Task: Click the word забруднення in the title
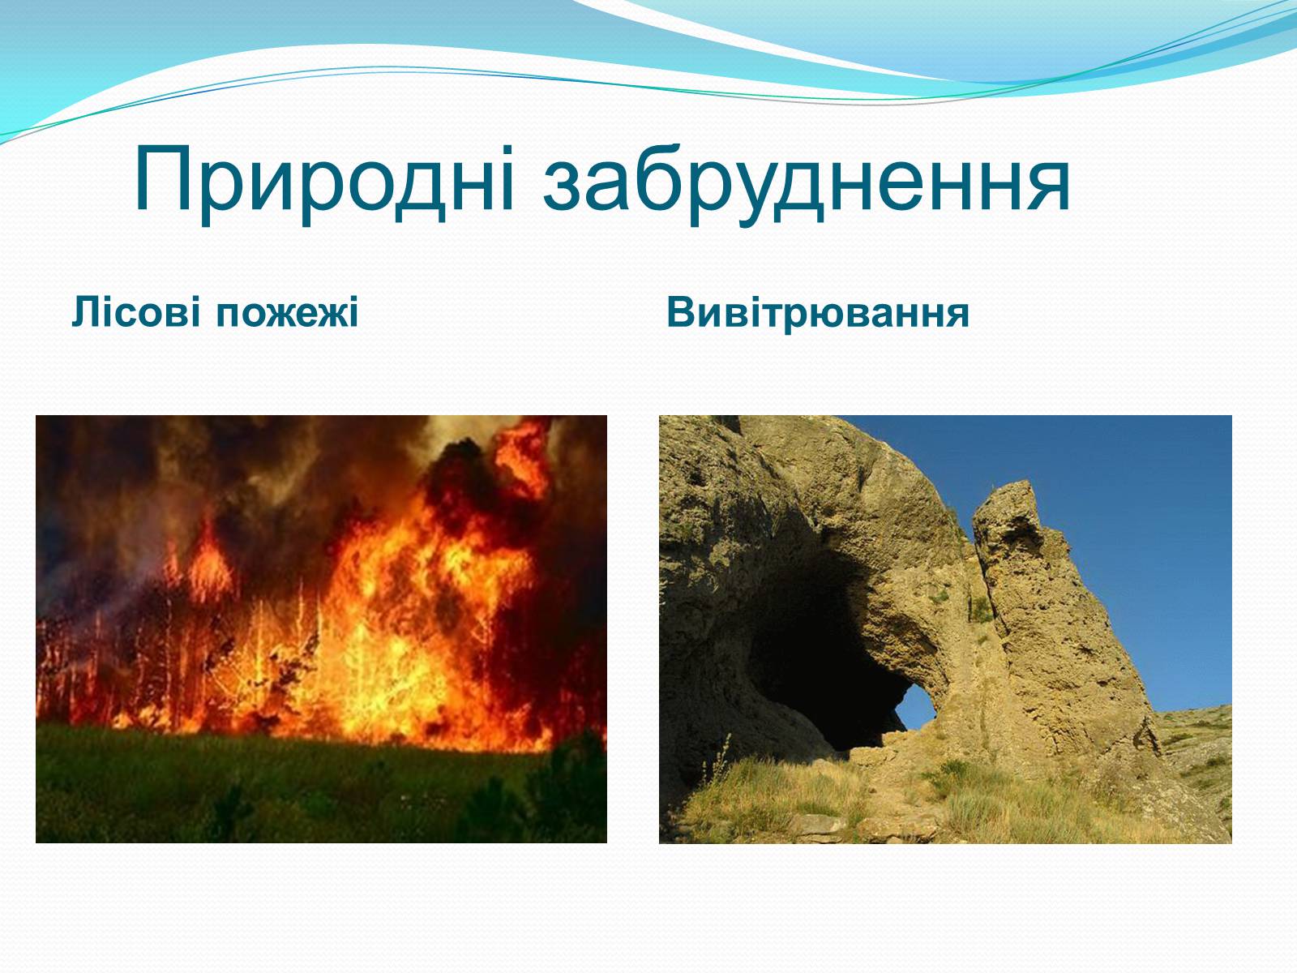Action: coord(807,184)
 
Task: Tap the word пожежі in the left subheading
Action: coord(287,313)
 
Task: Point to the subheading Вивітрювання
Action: coord(818,312)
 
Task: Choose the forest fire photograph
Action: coord(322,629)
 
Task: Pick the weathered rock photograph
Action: coord(945,629)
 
